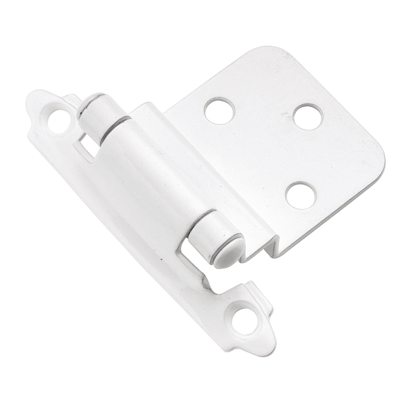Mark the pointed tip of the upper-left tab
(x=27, y=104)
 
